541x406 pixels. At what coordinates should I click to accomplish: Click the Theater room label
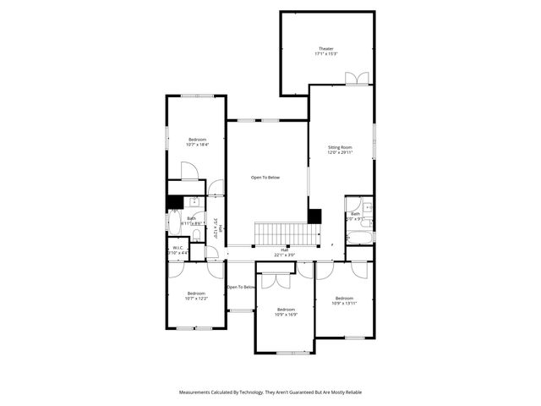pos(326,52)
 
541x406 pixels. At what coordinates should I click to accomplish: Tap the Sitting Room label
pos(340,150)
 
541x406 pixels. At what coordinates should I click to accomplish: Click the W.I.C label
pos(177,251)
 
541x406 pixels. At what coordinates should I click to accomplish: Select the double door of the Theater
pos(356,79)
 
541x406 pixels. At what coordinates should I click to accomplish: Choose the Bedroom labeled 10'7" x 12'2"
pos(196,295)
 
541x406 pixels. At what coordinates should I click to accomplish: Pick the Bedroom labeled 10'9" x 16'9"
pos(286,312)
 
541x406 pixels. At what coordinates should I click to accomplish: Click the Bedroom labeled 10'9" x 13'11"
pos(343,300)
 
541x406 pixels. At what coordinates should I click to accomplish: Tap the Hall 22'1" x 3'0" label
pos(285,252)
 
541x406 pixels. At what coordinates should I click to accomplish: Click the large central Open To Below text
pos(265,178)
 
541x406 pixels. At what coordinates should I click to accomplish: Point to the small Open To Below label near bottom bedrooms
pos(241,288)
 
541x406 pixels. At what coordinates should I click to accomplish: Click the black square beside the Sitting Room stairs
pos(314,217)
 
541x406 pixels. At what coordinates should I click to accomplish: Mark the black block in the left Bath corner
pos(174,202)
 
